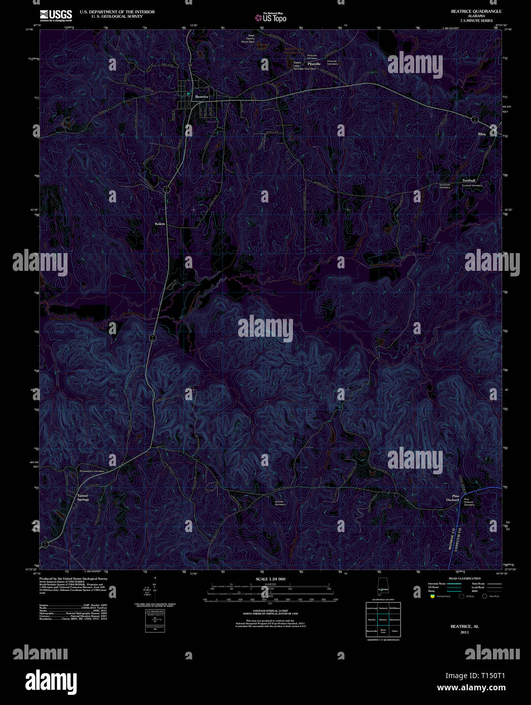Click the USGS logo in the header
click(56, 15)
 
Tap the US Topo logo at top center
click(271, 17)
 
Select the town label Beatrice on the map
click(202, 96)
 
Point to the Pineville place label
click(314, 64)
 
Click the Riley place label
click(482, 134)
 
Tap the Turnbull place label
click(469, 181)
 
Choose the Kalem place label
click(160, 223)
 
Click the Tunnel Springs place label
click(83, 497)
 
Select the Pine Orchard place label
click(452, 498)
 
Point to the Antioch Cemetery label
click(280, 503)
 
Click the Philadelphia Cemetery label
click(92, 471)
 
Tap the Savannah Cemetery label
click(445, 186)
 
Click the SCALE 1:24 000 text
click(271, 579)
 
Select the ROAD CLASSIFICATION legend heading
click(465, 578)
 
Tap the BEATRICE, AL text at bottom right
click(464, 626)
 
